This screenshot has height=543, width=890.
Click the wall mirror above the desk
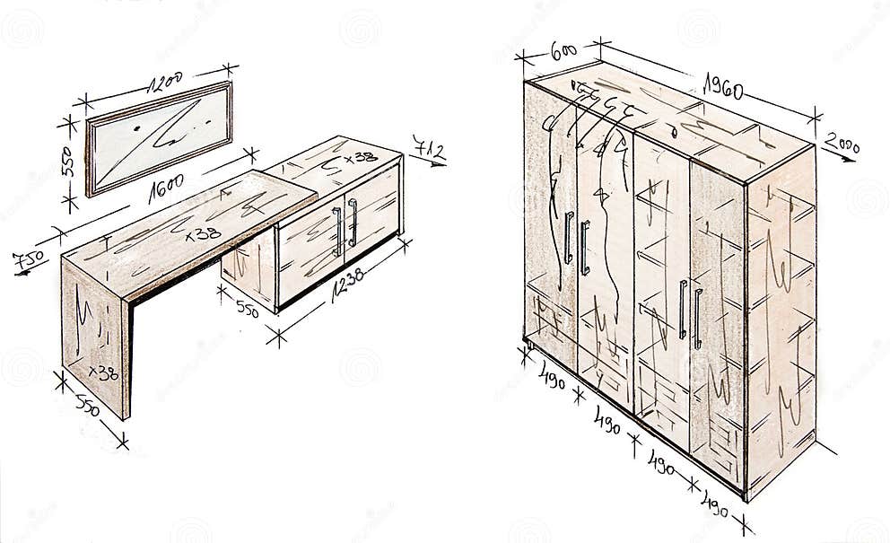159,137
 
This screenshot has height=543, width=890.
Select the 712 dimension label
429,149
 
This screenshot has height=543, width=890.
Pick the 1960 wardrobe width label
723,84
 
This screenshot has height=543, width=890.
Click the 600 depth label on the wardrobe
563,51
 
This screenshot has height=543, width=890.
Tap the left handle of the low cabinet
337,231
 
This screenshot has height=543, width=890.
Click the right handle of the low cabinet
353,223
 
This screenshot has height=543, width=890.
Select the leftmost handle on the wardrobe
568,238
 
